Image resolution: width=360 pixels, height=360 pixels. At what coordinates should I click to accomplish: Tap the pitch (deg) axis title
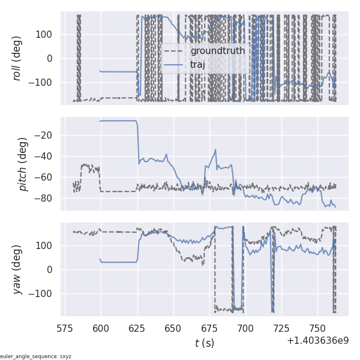tap(24, 163)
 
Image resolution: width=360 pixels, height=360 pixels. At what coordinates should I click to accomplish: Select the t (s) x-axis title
tap(204, 343)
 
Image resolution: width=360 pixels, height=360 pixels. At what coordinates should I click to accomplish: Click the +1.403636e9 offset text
tap(317, 340)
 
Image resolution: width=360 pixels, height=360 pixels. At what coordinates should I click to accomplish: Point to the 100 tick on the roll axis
tap(48, 34)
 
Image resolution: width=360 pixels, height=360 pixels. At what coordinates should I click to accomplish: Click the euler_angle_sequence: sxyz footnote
tap(36, 356)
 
